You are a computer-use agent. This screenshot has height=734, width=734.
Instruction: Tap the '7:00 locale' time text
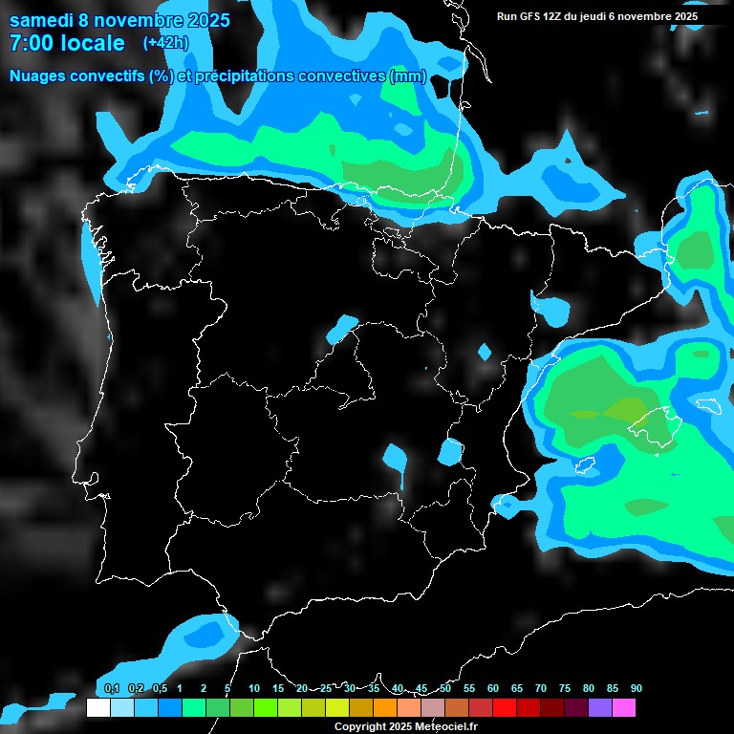(x=67, y=43)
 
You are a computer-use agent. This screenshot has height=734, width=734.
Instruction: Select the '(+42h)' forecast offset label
(x=165, y=43)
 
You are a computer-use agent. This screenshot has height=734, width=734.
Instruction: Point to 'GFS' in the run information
(x=537, y=16)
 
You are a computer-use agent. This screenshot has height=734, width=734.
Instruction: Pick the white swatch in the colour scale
(x=97, y=708)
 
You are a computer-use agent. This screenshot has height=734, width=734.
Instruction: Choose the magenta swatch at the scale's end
(x=624, y=708)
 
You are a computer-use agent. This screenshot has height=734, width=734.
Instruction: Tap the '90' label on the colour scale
(x=636, y=688)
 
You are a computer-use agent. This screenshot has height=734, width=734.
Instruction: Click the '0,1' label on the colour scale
(x=111, y=688)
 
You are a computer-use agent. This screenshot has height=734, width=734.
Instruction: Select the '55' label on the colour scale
(x=468, y=688)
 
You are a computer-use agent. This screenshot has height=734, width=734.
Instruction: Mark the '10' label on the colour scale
(x=253, y=688)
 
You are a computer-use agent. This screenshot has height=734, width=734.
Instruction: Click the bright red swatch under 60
(x=505, y=708)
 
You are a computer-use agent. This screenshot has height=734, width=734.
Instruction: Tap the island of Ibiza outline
(x=585, y=466)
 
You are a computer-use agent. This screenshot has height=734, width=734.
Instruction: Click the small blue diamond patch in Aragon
(x=485, y=352)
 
